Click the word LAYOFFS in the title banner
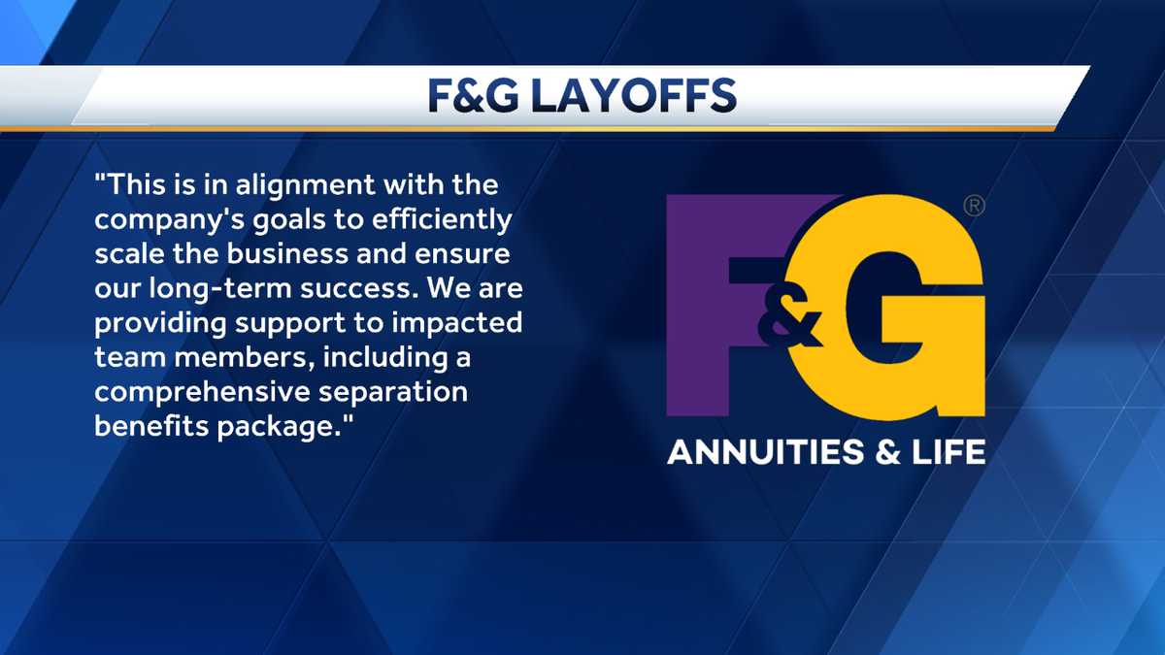(633, 96)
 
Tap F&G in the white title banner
(474, 96)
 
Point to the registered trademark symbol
(974, 206)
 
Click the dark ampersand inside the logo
(789, 318)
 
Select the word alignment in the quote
(305, 186)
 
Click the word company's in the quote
(169, 220)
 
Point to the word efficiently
(442, 220)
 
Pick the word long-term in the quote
(220, 289)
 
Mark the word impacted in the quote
(456, 323)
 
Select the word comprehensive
(202, 392)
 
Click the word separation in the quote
(393, 392)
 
